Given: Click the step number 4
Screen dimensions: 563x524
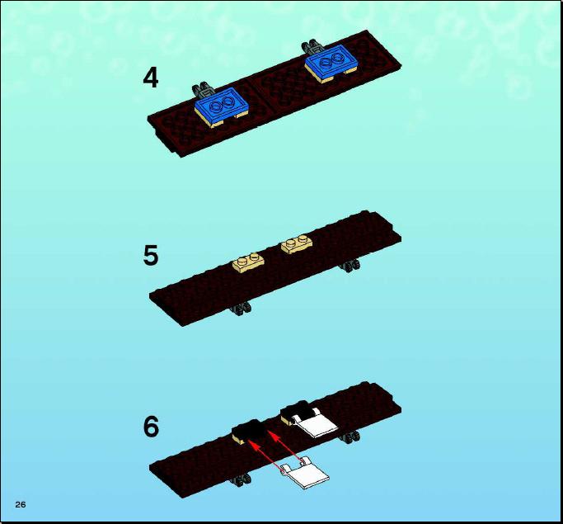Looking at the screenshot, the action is click(x=151, y=78).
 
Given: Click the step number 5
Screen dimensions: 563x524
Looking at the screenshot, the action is click(x=151, y=255).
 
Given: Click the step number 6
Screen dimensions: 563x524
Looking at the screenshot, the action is click(x=151, y=427).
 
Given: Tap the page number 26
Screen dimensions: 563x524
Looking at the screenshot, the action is click(x=21, y=504).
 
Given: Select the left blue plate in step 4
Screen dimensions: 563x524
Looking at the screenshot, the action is click(x=222, y=106).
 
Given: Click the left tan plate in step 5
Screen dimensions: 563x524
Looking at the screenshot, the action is click(x=248, y=262).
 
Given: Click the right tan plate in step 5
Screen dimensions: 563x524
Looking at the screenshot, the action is click(x=297, y=245).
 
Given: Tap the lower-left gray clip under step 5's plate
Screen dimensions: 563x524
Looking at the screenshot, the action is click(x=241, y=309).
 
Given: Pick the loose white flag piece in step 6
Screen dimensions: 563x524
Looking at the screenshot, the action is click(x=305, y=473).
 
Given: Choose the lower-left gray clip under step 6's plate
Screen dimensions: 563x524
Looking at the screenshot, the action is click(x=241, y=480).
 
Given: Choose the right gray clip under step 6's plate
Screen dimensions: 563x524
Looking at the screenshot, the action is click(x=350, y=437).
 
